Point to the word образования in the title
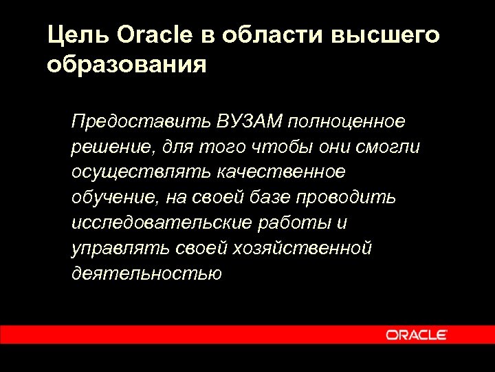(127, 66)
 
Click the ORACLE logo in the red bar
(417, 335)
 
